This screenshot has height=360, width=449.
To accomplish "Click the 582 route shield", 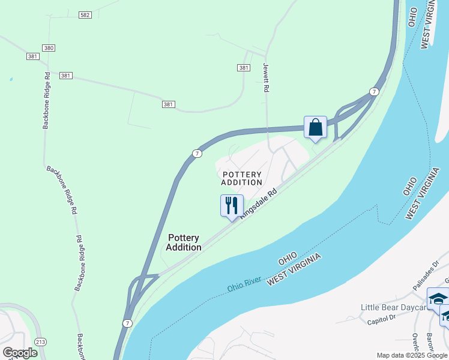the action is pyautogui.click(x=85, y=14).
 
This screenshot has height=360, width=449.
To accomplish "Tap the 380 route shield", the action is pyautogui.click(x=49, y=47).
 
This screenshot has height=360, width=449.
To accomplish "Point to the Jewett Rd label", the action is pyautogui.click(x=265, y=79).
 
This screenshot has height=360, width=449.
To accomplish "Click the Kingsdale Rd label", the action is pyautogui.click(x=259, y=203).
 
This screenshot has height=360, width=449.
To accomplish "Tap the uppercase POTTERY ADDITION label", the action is pyautogui.click(x=241, y=178).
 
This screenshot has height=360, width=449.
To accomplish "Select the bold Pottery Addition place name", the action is pyautogui.click(x=183, y=242).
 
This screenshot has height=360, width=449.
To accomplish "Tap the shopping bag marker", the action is pyautogui.click(x=315, y=128).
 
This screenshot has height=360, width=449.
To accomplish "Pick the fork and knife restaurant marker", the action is pyautogui.click(x=231, y=206).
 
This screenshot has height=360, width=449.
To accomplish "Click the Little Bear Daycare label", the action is pyautogui.click(x=393, y=307).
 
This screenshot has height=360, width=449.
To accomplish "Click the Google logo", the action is pyautogui.click(x=20, y=353).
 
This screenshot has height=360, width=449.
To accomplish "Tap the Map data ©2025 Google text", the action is pyautogui.click(x=412, y=355).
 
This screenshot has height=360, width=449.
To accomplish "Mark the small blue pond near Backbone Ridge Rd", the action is pyautogui.click(x=10, y=79).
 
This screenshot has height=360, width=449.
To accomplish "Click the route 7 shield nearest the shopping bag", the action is pyautogui.click(x=374, y=92).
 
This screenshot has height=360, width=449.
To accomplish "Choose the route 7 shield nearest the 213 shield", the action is pyautogui.click(x=127, y=323).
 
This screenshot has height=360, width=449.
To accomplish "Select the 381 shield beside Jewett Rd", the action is pyautogui.click(x=243, y=68).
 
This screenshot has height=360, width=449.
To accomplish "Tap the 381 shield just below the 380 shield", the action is pyautogui.click(x=32, y=56).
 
